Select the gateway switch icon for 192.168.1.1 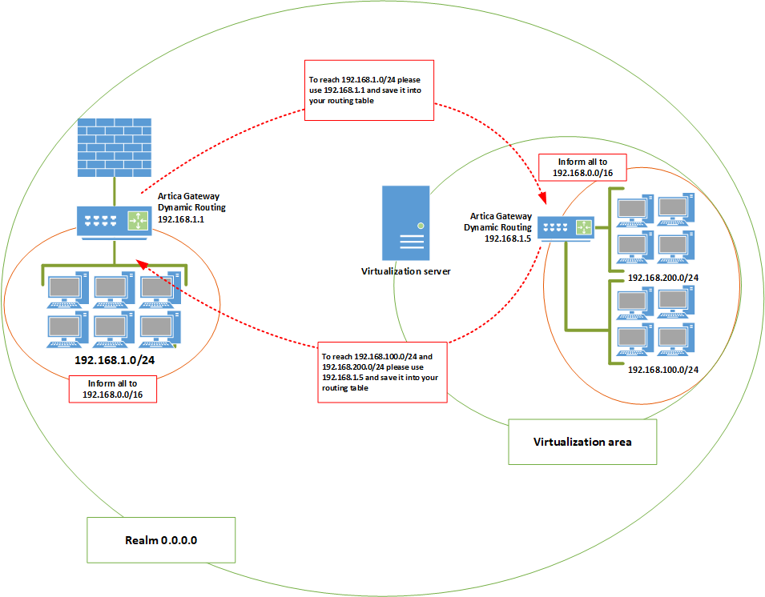(x=113, y=222)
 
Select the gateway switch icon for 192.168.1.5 (x=566, y=228)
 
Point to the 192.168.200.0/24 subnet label (x=663, y=277)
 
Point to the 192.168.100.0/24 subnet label (x=663, y=370)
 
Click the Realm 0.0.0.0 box (x=161, y=540)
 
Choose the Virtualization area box (x=582, y=442)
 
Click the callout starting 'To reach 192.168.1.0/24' (x=369, y=90)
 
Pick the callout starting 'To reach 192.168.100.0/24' (x=381, y=372)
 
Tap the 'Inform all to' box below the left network (x=111, y=389)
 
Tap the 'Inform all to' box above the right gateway (x=582, y=167)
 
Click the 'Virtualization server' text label (x=405, y=271)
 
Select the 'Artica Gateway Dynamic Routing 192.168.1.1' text (x=188, y=206)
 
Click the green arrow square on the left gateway (x=138, y=221)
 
